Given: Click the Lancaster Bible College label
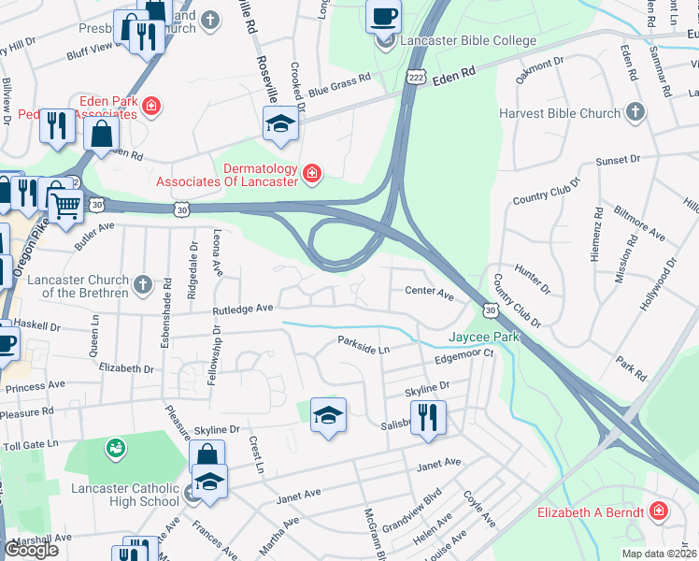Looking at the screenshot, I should (468, 41).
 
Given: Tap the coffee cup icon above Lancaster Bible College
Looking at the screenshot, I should (383, 16).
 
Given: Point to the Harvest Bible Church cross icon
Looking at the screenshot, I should (635, 113).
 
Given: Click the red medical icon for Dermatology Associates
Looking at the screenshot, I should (311, 173).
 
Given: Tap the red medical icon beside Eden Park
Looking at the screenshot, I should (151, 108).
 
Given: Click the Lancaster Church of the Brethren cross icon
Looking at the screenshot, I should (142, 283).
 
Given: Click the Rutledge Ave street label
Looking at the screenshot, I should (242, 308).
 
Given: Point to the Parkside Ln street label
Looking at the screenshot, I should (364, 345).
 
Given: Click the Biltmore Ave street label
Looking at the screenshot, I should (644, 231).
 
